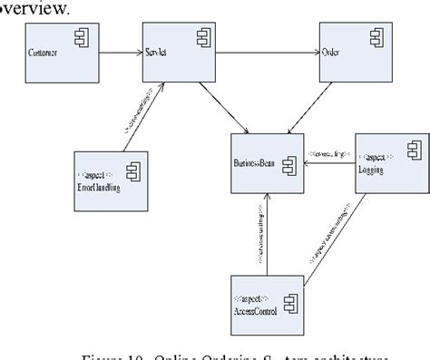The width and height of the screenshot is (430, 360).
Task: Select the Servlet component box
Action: click(175, 54)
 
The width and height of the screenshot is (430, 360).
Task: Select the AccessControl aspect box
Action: click(269, 298)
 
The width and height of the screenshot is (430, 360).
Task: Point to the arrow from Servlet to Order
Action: click(263, 54)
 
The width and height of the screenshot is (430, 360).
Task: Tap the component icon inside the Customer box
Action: click(80, 39)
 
